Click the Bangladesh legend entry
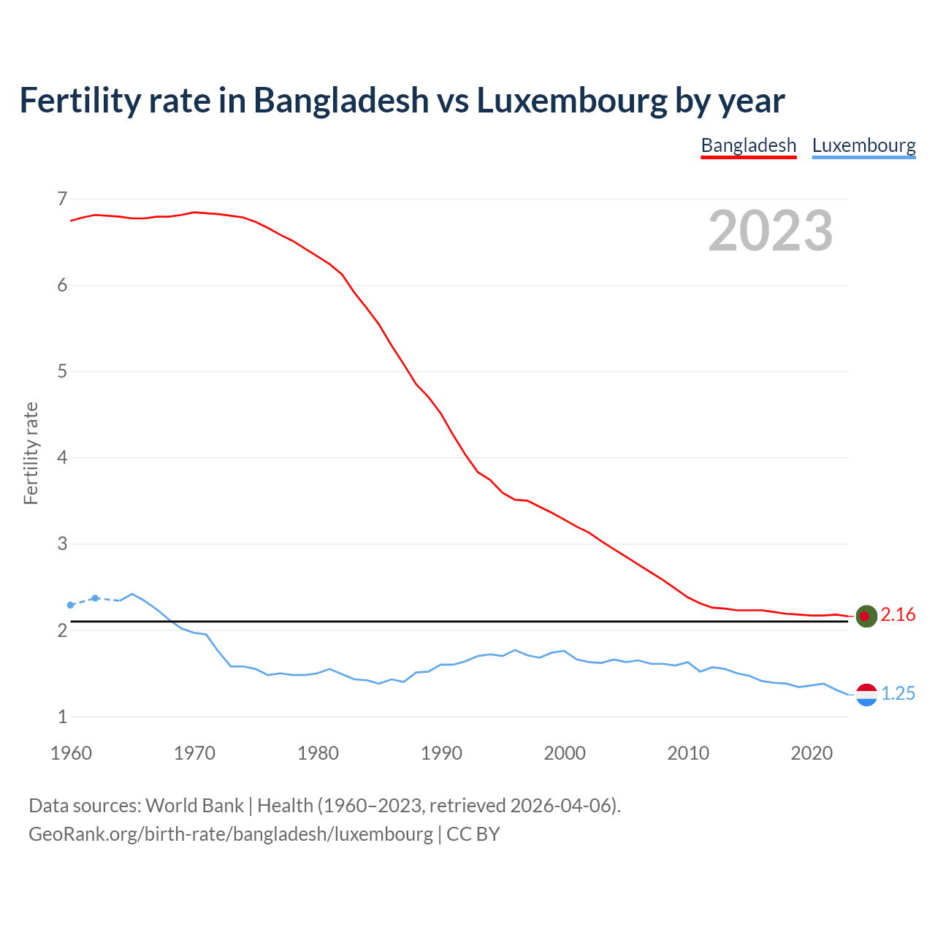[x=748, y=145]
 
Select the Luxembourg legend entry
[x=863, y=145]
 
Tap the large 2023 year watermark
[x=771, y=231]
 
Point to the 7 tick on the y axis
[x=61, y=199]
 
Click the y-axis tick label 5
[x=61, y=371]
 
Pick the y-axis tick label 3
[x=61, y=544]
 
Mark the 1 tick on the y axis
[x=61, y=717]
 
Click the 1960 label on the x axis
[x=71, y=753]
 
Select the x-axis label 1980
[x=318, y=753]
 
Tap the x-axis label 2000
[x=565, y=753]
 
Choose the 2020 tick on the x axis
[x=812, y=753]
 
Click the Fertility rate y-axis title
[x=31, y=453]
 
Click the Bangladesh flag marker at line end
[x=866, y=617]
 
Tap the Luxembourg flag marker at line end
[x=866, y=695]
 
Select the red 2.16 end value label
[x=898, y=615]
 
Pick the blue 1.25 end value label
[x=898, y=694]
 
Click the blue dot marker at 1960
[x=71, y=605]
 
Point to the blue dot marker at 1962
[x=95, y=598]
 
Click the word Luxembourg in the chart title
[x=571, y=101]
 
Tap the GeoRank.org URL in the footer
[x=231, y=834]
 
